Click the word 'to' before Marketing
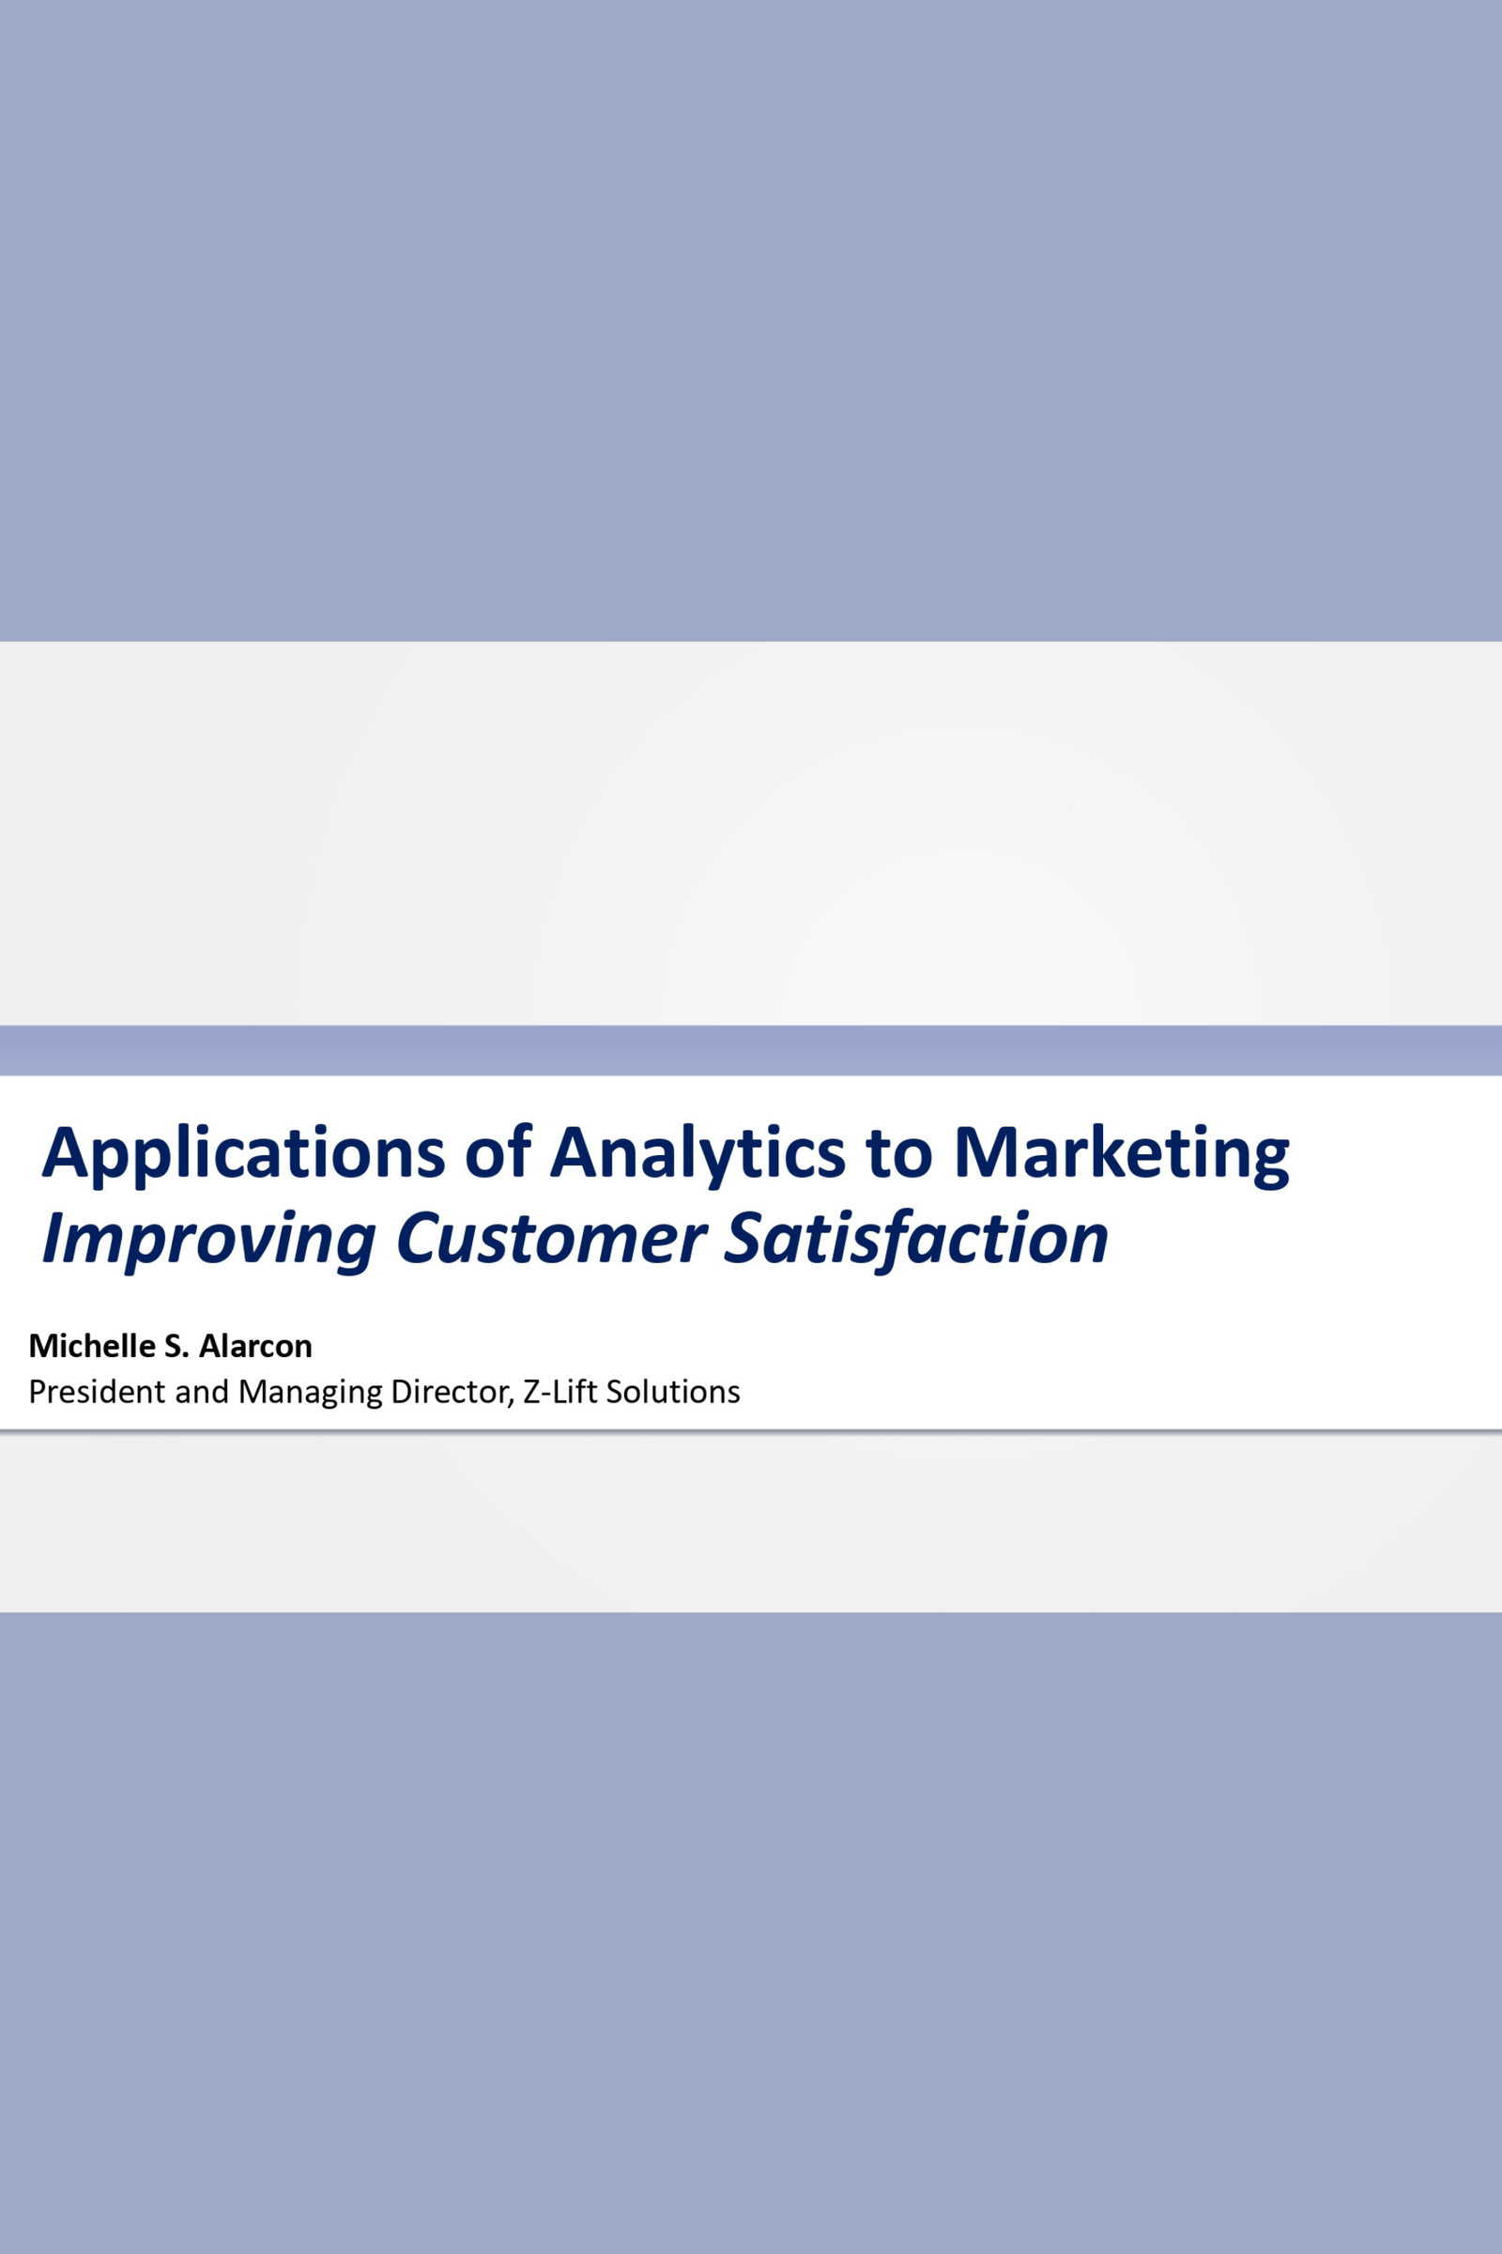click(x=899, y=1152)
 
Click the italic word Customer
click(x=552, y=1238)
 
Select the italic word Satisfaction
click(x=916, y=1238)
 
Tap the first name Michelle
click(x=92, y=1347)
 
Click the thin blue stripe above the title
click(x=751, y=1050)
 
